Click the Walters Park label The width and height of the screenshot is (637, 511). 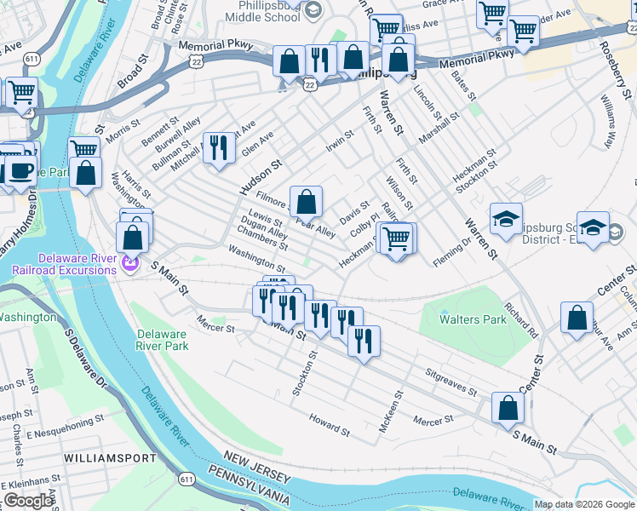click(x=472, y=319)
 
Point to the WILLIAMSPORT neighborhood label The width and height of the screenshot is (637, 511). click(x=110, y=458)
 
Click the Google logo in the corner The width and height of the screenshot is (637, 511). click(x=28, y=501)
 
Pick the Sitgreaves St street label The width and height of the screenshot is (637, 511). click(x=451, y=382)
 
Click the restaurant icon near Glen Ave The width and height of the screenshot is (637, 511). click(x=217, y=146)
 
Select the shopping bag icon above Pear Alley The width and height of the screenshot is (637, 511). click(x=307, y=202)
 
